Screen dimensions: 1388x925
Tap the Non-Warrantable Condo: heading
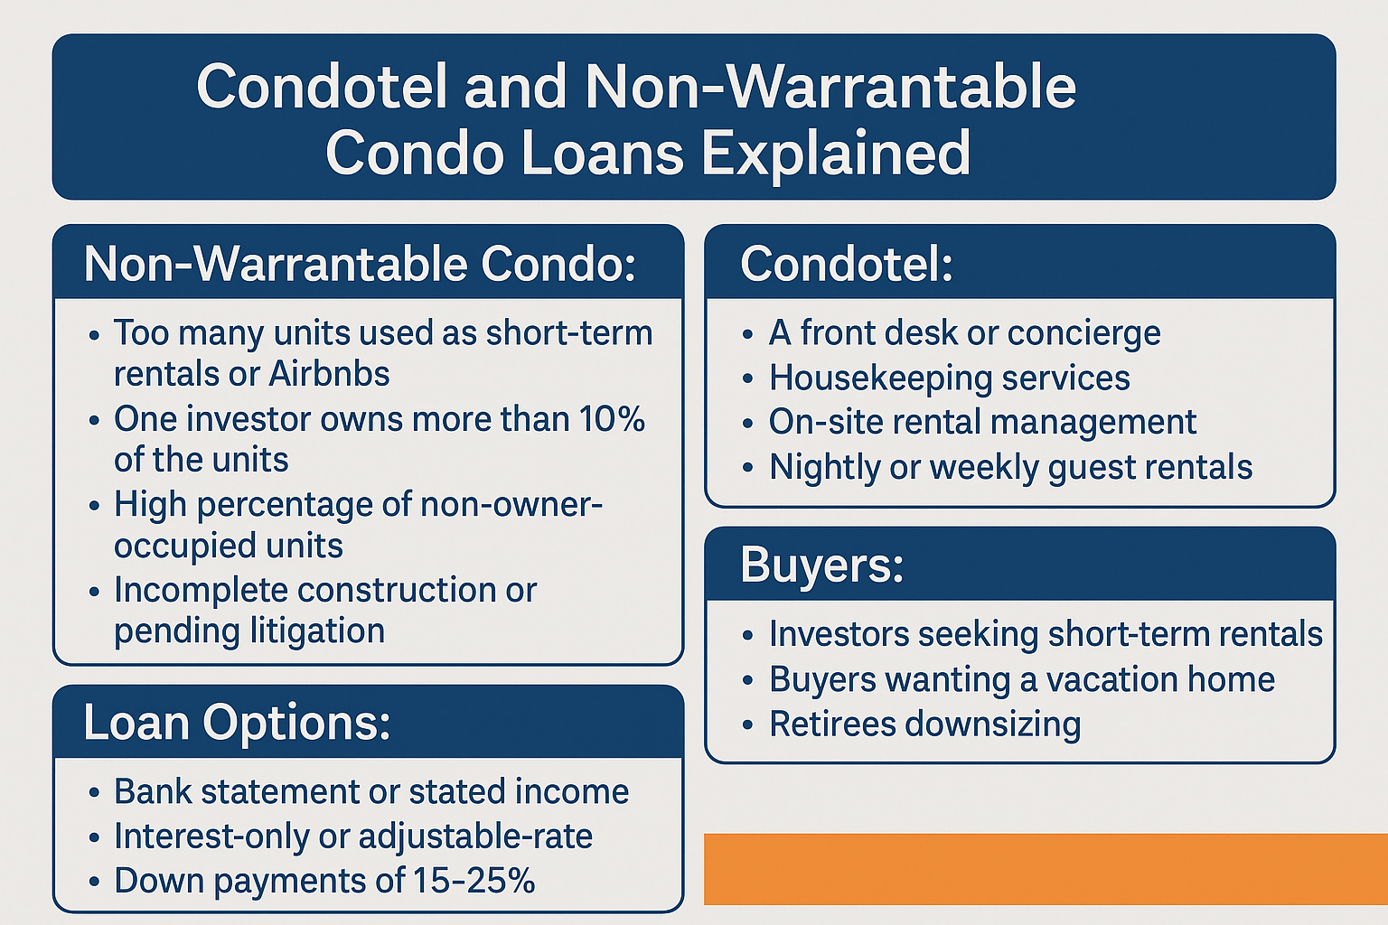pos(360,264)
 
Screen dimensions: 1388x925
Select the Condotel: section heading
pos(847,264)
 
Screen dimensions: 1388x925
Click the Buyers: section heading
pos(821,565)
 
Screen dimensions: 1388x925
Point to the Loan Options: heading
pos(237,723)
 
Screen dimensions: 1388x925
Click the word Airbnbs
pos(329,374)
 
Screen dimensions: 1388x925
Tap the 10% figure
pos(612,419)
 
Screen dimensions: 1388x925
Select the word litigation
pos(317,631)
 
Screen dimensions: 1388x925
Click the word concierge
pos(1083,333)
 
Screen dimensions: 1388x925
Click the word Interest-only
pos(212,836)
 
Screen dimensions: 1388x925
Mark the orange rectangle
pos(1046,869)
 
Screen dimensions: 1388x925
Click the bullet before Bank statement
pos(94,792)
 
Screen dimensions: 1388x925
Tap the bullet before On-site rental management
pos(748,424)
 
